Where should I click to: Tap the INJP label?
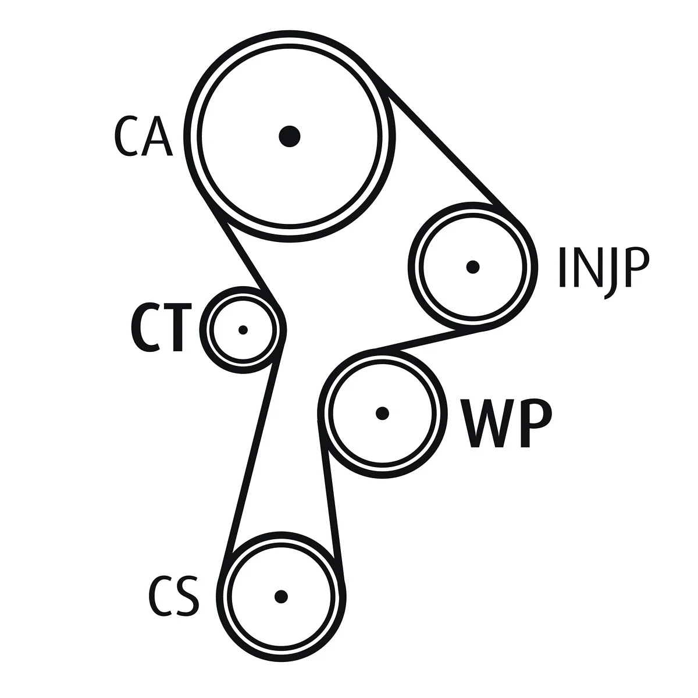click(603, 269)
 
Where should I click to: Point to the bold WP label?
click(505, 424)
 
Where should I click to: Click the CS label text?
click(173, 596)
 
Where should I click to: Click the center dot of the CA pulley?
click(289, 137)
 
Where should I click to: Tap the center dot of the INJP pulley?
click(473, 267)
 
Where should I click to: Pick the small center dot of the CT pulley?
click(243, 330)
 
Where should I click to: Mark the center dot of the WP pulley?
click(382, 413)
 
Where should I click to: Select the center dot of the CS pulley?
click(282, 596)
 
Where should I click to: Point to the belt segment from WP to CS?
click(331, 500)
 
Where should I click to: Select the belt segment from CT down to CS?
click(251, 460)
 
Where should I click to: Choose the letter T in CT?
click(177, 329)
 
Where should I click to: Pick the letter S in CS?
click(187, 596)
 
